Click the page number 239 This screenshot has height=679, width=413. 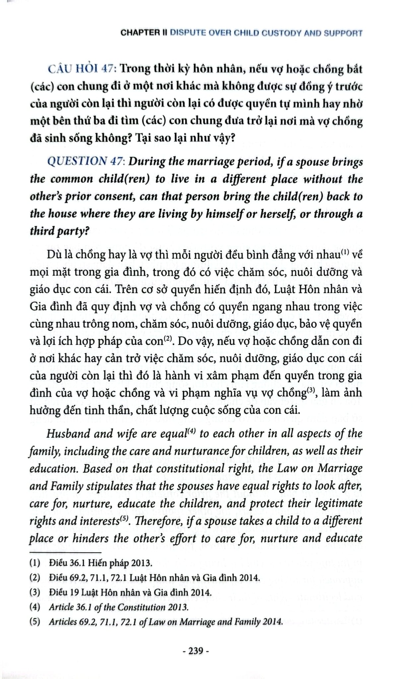click(x=195, y=651)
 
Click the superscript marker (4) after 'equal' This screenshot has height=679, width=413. click(x=192, y=431)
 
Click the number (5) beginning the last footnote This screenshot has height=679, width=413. click(x=34, y=621)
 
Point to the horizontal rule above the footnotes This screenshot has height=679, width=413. click(x=65, y=553)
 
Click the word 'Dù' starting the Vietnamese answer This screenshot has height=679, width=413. click(x=54, y=255)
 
